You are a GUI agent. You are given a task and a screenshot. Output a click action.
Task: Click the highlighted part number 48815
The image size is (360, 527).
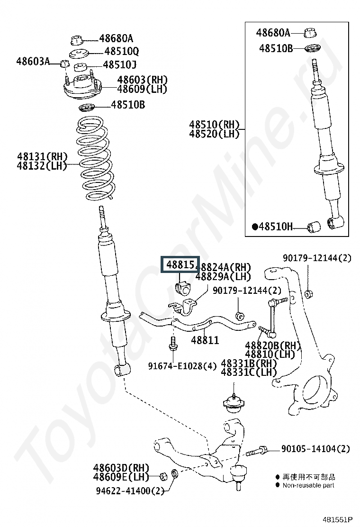180,265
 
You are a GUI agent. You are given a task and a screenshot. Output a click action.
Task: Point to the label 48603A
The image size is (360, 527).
32,61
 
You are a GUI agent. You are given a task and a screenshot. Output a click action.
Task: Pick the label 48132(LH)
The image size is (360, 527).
42,165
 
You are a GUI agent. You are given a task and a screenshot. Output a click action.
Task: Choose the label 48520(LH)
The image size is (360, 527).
214,134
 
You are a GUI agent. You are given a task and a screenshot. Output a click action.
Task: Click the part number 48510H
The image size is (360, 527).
276,227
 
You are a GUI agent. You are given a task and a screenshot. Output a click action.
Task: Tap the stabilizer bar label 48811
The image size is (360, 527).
205,340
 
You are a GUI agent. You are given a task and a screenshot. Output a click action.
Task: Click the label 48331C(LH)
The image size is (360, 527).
249,373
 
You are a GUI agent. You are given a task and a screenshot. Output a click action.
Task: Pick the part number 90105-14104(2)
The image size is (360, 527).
315,448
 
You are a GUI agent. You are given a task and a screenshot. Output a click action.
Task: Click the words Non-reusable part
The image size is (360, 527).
308,485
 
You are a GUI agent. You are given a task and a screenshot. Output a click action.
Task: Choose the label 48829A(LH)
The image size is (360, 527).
223,276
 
